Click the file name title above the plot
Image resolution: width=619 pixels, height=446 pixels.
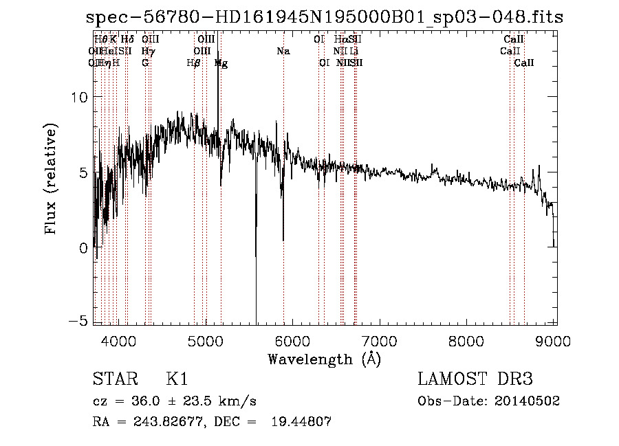click(325, 17)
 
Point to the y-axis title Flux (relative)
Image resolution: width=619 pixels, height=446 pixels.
click(52, 180)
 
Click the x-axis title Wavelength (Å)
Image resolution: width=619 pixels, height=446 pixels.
click(325, 359)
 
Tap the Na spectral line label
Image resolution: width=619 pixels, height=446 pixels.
click(283, 51)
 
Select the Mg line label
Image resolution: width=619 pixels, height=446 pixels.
click(221, 63)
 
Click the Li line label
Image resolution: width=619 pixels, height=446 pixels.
click(354, 51)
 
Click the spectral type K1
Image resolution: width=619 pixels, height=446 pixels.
click(177, 380)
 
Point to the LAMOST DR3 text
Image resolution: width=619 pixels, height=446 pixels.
click(475, 380)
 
